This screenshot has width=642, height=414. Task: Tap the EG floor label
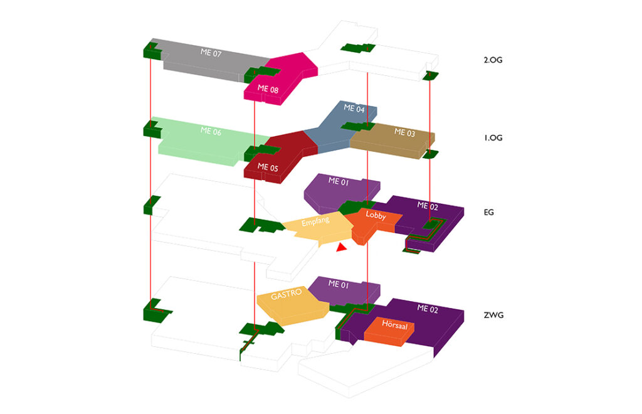point(489,213)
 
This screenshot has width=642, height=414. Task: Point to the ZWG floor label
point(493,315)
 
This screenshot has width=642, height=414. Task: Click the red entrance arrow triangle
point(340,248)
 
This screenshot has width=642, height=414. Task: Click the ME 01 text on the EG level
point(338,181)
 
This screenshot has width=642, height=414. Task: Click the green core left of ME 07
point(152,50)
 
